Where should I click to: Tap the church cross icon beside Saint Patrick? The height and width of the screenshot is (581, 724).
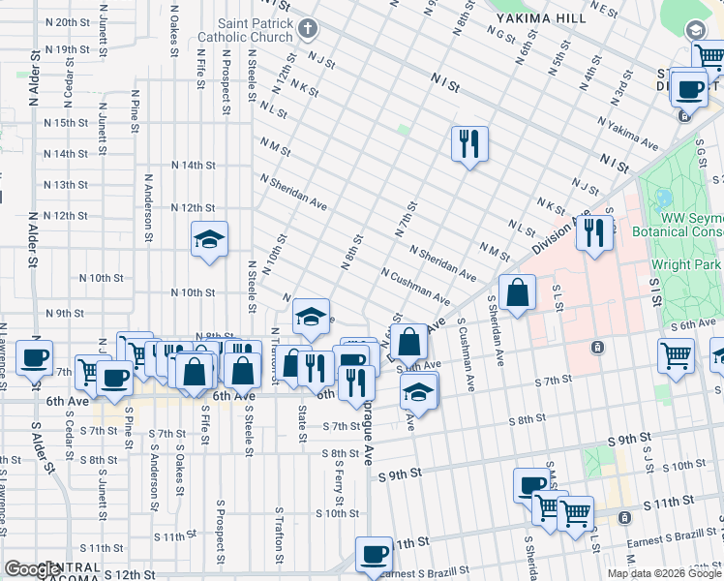[x=308, y=28]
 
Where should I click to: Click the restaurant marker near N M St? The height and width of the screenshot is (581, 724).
[x=469, y=144]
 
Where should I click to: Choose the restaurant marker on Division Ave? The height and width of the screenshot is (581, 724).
[x=595, y=232]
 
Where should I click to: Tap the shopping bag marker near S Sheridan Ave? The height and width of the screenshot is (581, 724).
[x=518, y=291]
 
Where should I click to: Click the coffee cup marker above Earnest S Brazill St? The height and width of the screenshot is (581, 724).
[x=373, y=555]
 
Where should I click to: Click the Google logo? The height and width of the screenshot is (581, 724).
[x=32, y=569]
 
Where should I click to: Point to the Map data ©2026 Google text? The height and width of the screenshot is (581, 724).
[x=664, y=573]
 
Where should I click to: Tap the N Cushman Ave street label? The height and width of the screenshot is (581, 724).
[x=415, y=287]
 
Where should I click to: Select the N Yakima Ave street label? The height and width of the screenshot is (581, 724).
[x=628, y=136]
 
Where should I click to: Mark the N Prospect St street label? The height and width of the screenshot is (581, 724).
[x=226, y=86]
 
